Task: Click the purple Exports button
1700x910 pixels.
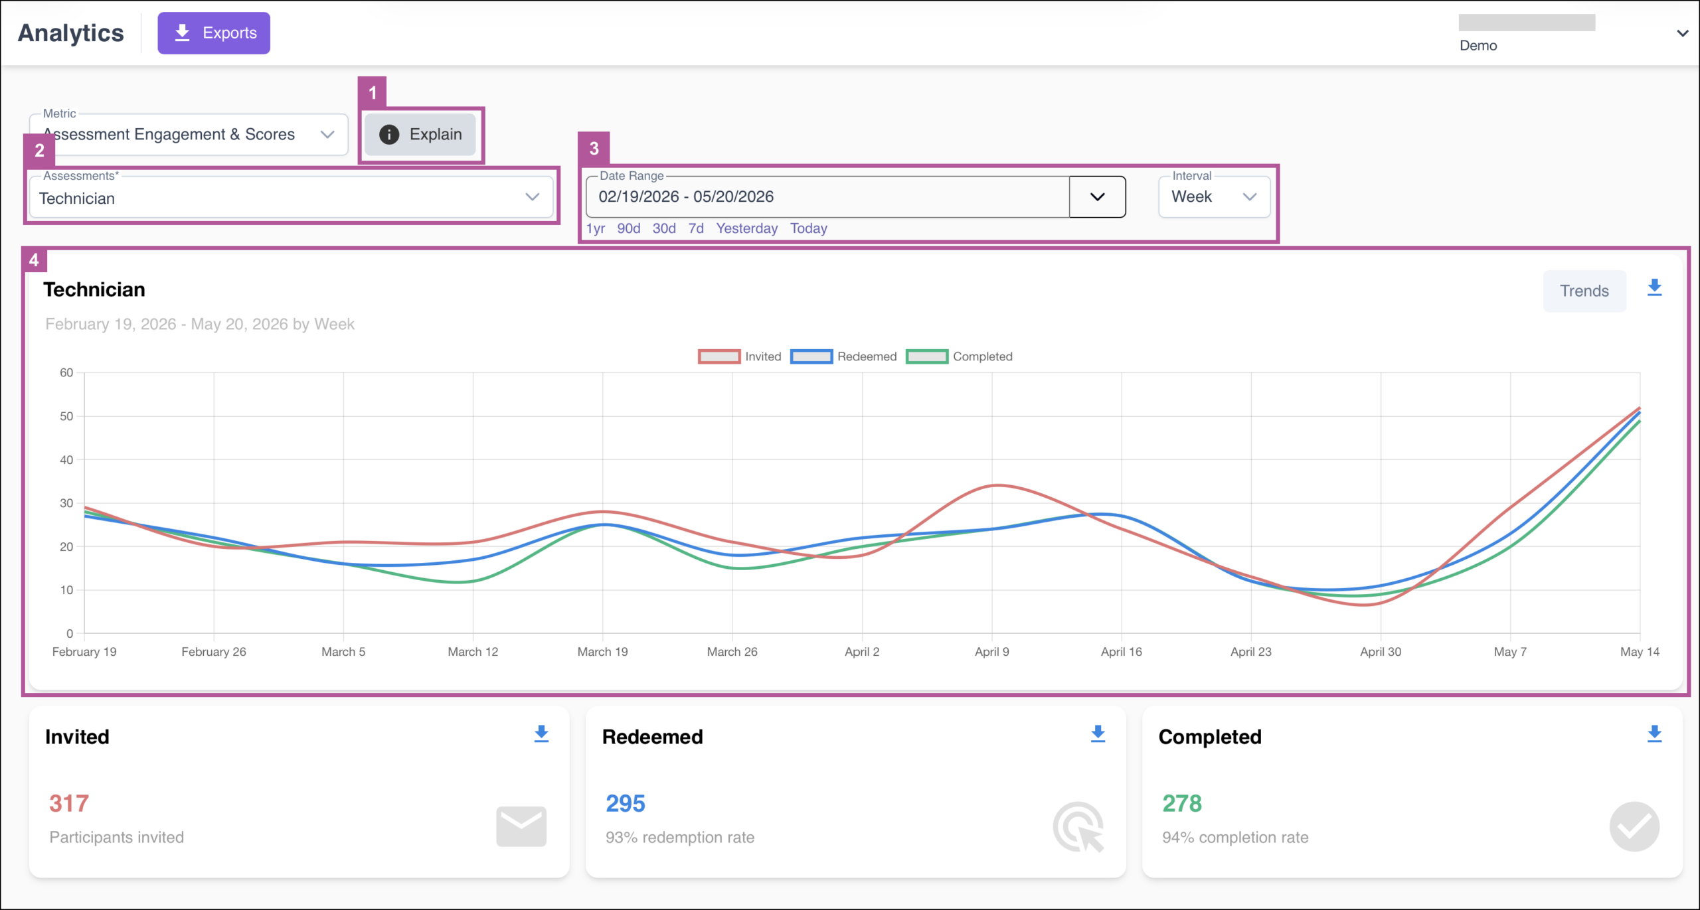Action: coord(214,33)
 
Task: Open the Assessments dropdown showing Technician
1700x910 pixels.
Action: coord(291,197)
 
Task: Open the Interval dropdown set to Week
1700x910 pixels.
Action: coord(1214,196)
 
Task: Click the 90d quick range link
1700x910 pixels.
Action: coord(628,228)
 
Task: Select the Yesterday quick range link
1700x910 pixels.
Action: coord(746,228)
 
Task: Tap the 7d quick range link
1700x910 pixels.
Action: coord(696,228)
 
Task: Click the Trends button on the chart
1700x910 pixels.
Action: coord(1584,291)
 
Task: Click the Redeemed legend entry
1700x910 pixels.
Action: coord(843,356)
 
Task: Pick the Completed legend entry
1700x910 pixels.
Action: coord(960,356)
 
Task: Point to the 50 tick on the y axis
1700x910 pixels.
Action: coord(66,416)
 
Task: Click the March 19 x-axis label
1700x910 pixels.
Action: coord(602,652)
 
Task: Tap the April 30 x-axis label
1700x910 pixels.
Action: coord(1381,652)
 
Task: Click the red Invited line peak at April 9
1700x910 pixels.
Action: coord(997,485)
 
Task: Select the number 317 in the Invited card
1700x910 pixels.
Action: coord(69,803)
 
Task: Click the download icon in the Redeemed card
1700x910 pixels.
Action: coord(1098,733)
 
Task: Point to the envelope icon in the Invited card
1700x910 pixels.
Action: coord(521,826)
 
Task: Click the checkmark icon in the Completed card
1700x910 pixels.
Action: coord(1634,826)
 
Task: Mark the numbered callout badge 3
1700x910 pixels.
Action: coord(594,148)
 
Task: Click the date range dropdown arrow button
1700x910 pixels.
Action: coord(1097,196)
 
